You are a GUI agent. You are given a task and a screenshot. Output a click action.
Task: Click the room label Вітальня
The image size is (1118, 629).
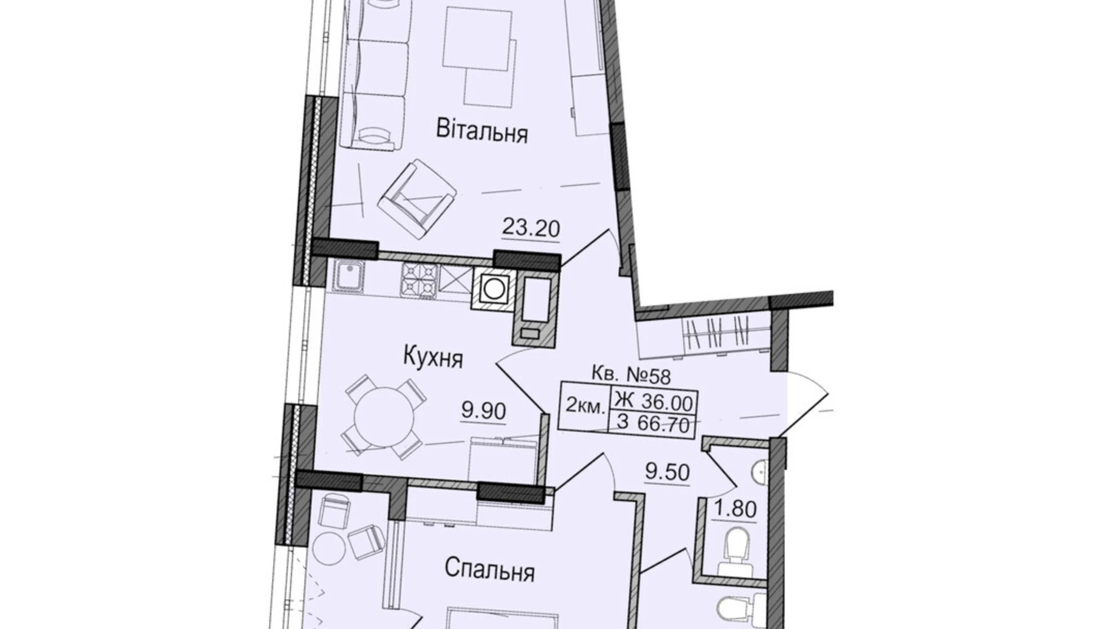482,131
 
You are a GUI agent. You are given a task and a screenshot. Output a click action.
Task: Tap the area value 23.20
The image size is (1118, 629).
531,229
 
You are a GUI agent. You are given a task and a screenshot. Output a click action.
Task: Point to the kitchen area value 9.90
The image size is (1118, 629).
483,411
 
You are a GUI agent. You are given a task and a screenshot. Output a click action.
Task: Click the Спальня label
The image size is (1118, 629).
490,570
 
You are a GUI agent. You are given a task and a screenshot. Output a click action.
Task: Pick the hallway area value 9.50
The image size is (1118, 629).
667,472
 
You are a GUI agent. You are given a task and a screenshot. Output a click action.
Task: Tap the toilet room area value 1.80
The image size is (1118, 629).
735,509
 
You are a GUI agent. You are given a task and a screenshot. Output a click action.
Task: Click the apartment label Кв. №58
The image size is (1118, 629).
631,376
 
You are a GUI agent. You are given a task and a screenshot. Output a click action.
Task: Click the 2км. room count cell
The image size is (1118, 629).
584,407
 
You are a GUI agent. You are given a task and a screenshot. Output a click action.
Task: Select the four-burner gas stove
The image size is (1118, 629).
419,279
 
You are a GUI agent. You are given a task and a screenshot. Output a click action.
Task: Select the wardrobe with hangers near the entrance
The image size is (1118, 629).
718,333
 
